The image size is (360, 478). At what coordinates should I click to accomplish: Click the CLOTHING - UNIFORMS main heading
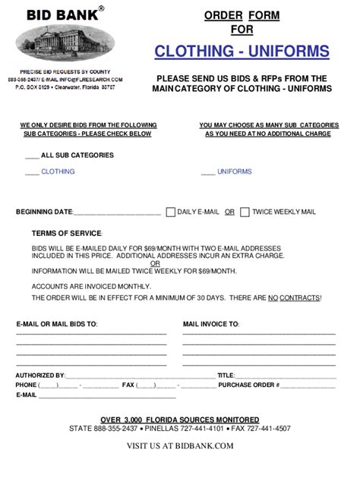tap(242, 52)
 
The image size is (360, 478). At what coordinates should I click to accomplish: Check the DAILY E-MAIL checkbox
tap(170, 212)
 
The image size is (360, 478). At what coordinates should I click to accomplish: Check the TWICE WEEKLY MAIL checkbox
tap(245, 212)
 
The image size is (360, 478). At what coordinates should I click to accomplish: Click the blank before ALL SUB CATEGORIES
tap(32, 156)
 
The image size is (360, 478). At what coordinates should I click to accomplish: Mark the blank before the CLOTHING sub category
tap(32, 172)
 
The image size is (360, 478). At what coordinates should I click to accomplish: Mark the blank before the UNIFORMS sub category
tap(207, 172)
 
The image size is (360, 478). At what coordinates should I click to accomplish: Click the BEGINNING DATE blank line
tap(117, 213)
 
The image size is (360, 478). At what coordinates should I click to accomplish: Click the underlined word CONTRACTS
tap(299, 298)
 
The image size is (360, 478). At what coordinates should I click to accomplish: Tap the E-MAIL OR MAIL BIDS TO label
tap(57, 324)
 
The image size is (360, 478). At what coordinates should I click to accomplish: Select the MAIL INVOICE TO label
tap(211, 324)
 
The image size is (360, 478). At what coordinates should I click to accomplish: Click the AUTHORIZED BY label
tap(40, 376)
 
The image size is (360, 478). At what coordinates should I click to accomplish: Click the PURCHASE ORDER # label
tap(249, 385)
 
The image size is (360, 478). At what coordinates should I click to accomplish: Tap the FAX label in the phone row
tap(128, 385)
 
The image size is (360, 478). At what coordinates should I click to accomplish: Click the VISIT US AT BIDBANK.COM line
tap(180, 445)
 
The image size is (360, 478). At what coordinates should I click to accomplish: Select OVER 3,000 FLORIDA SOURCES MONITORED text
tap(180, 420)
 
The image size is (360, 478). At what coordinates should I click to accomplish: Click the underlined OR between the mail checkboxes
tap(229, 212)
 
